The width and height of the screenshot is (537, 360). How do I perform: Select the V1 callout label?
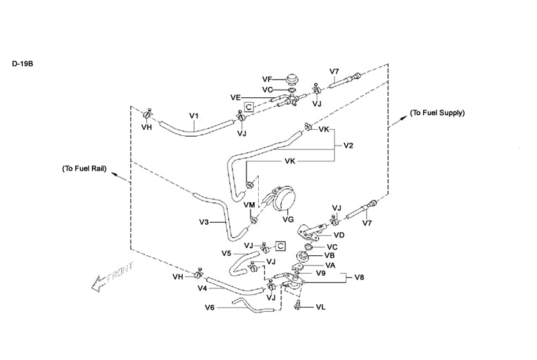194,114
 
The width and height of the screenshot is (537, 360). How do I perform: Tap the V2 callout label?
349,146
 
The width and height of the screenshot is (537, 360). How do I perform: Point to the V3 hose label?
204,222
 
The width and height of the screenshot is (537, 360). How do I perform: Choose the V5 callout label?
226,253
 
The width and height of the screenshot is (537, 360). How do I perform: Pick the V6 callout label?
210,308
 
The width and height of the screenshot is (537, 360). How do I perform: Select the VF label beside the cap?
268,79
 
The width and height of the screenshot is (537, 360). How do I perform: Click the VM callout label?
248,205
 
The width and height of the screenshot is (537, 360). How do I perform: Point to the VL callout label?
322,306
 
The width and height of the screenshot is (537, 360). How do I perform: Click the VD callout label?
339,235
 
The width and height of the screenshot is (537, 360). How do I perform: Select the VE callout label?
235,97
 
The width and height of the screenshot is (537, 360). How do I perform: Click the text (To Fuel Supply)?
437,112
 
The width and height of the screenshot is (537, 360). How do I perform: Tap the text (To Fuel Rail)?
83,168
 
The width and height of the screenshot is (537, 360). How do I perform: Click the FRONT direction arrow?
111,277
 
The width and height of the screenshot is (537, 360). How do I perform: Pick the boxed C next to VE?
249,106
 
